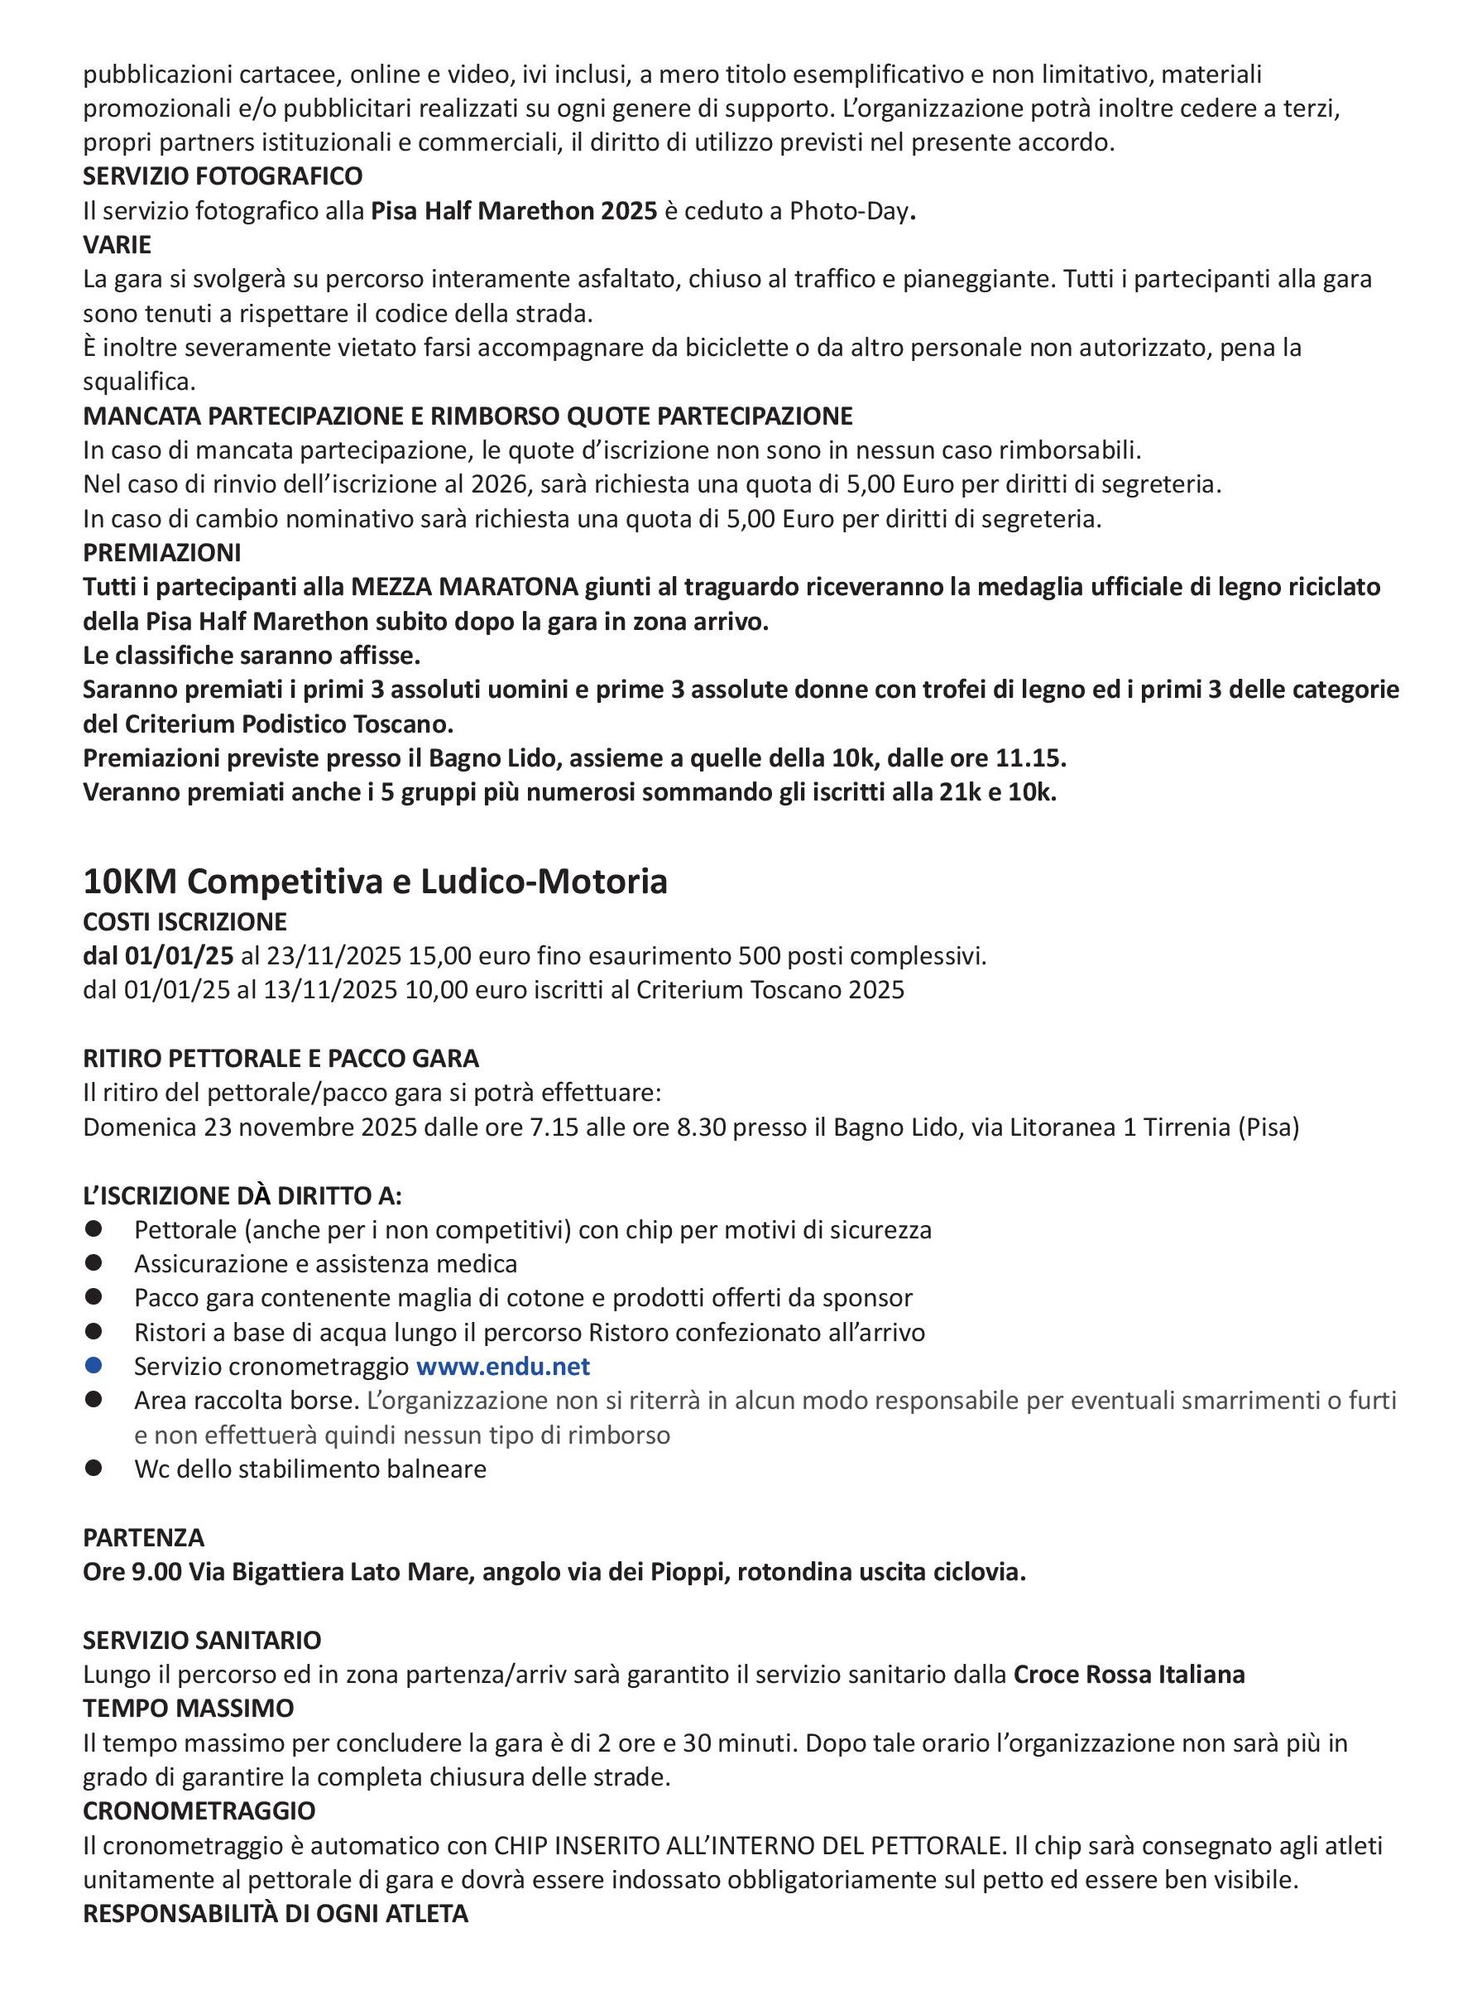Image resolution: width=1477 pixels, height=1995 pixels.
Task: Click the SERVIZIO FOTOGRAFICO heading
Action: pos(223,176)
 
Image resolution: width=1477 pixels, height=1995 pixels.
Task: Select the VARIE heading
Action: pos(117,245)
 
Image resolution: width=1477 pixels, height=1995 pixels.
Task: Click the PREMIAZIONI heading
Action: pos(162,553)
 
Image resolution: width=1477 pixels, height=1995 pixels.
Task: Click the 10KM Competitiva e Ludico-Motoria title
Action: pos(375,882)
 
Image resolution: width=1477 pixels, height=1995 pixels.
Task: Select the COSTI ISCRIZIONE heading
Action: pos(185,922)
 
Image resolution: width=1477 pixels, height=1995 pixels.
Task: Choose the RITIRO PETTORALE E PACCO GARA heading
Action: pos(281,1059)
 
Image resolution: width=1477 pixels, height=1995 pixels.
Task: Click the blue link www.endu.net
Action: pos(503,1367)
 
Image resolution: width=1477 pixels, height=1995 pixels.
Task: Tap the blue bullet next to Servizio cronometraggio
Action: pos(94,1366)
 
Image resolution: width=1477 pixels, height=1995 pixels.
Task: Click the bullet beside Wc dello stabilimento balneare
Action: pos(94,1469)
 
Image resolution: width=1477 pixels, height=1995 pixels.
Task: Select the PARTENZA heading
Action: pos(144,1538)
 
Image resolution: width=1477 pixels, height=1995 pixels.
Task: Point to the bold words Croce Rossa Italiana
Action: pos(1129,1675)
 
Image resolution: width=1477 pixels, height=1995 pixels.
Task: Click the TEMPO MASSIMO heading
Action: pos(189,1709)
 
